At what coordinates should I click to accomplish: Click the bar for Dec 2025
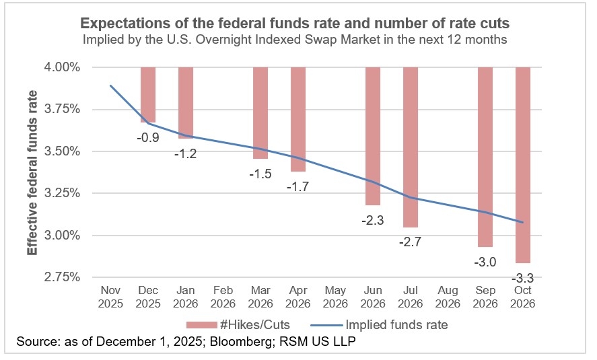pyautogui.click(x=148, y=95)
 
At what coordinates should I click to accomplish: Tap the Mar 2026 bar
pyautogui.click(x=261, y=113)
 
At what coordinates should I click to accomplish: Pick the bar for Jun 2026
pyautogui.click(x=374, y=136)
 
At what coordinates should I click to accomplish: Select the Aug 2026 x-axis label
pyautogui.click(x=449, y=297)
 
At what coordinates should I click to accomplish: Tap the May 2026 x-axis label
pyautogui.click(x=336, y=297)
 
